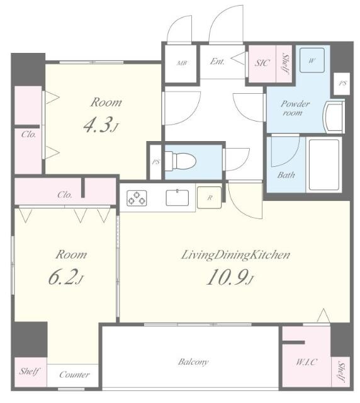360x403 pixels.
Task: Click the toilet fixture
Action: point(180,161)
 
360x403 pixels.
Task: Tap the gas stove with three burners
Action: point(137,198)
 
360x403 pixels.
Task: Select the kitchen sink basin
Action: point(177,197)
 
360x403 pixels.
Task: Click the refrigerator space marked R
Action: point(209,197)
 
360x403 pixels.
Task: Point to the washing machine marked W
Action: point(312,60)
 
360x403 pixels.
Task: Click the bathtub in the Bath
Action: point(323,164)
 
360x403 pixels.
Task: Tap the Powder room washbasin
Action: point(334,116)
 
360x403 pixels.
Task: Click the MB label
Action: point(182,63)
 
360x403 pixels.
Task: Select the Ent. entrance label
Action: point(217,61)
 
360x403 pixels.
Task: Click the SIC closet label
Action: point(262,63)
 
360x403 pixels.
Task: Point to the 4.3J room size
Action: point(101,125)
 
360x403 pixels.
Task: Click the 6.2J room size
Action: point(66,278)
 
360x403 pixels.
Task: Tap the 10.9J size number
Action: point(230,278)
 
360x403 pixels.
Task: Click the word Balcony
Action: point(193,362)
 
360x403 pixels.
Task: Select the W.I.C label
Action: point(307,362)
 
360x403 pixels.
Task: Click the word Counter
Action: point(74,375)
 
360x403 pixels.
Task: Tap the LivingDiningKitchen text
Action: point(235,255)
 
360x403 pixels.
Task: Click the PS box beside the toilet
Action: point(155,162)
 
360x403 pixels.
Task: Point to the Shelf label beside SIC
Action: point(284,63)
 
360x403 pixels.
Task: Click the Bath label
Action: point(286,175)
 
